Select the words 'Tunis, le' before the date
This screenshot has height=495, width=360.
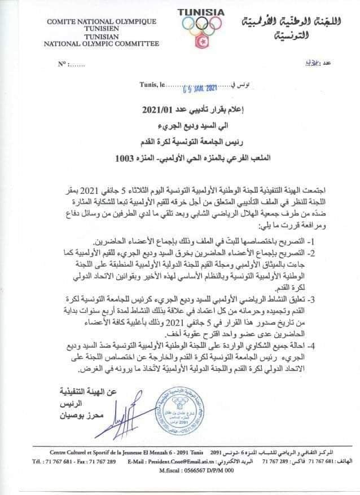pos(151,86)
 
